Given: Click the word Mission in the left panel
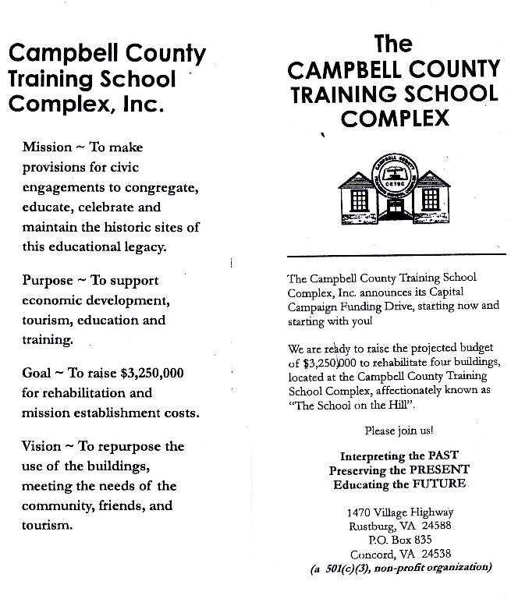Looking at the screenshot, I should pyautogui.click(x=46, y=147).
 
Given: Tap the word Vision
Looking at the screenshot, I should pyautogui.click(x=42, y=446).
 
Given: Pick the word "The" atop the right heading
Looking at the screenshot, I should pyautogui.click(x=393, y=43).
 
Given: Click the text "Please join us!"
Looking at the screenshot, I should pyautogui.click(x=399, y=431).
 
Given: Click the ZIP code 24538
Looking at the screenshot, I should pyautogui.click(x=436, y=553).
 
